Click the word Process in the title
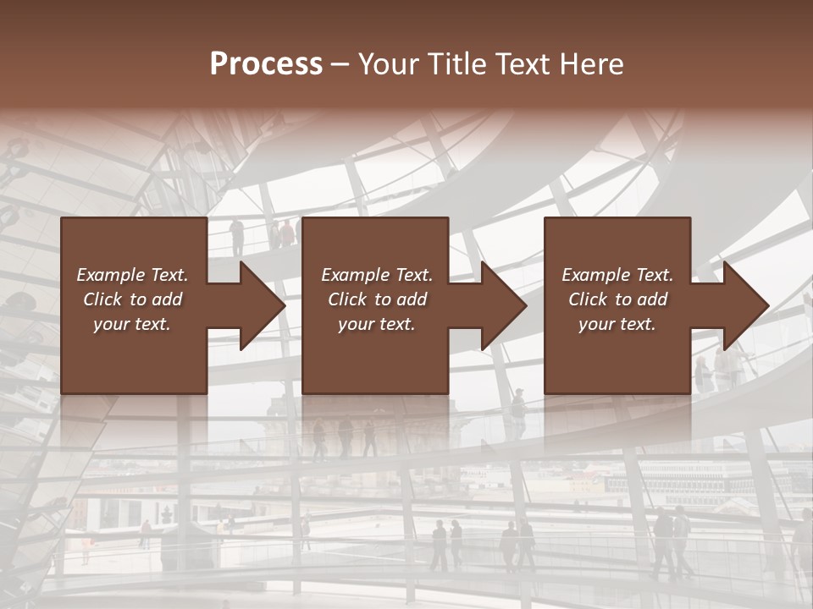(x=266, y=64)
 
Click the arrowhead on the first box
(x=262, y=305)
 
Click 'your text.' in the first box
(x=132, y=324)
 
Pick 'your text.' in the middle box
(x=376, y=324)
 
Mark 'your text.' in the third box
(x=617, y=324)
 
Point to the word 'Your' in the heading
(x=387, y=64)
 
